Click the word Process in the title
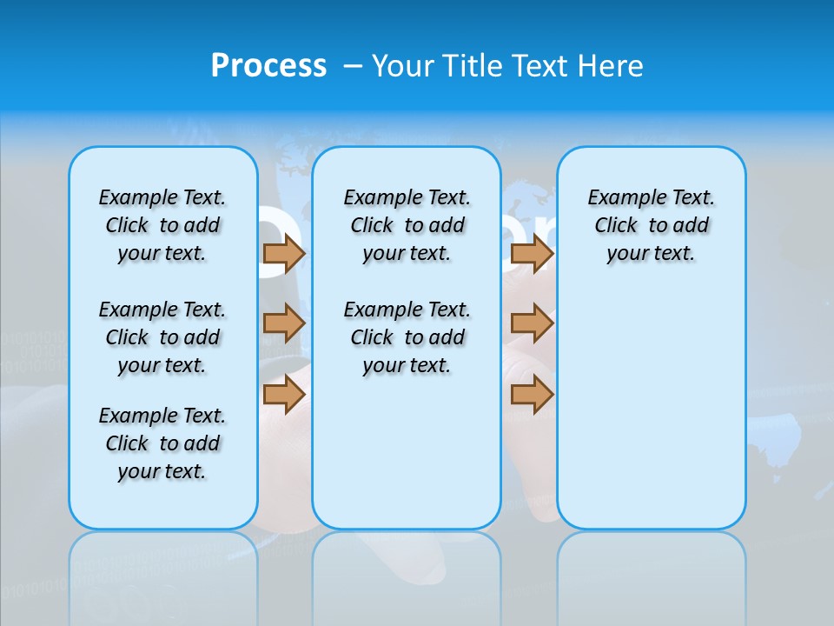(268, 66)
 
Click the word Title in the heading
(473, 66)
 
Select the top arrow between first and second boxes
(284, 254)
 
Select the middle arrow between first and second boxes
(284, 323)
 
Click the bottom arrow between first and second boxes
(284, 395)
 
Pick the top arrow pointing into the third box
(532, 254)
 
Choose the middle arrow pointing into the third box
(532, 323)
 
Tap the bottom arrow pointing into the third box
(532, 395)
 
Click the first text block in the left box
(162, 225)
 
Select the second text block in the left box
(162, 337)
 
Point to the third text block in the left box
(162, 443)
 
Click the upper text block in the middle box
(407, 225)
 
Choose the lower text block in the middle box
(407, 337)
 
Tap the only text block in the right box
(651, 225)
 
